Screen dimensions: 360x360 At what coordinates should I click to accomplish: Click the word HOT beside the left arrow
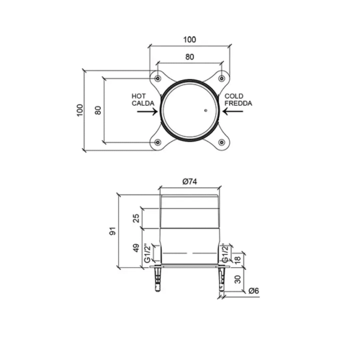click(138, 96)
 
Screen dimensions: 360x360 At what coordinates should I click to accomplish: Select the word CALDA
click(143, 104)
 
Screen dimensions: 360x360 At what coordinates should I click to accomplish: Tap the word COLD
click(234, 96)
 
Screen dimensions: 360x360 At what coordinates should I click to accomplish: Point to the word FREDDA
click(238, 104)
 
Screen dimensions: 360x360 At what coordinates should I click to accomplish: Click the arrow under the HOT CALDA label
click(148, 112)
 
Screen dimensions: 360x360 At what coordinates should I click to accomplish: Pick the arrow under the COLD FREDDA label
click(233, 111)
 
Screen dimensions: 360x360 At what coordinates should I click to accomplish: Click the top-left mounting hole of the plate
click(158, 78)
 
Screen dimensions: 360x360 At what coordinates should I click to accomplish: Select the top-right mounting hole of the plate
click(222, 78)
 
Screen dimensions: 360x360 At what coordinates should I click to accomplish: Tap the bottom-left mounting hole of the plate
click(158, 143)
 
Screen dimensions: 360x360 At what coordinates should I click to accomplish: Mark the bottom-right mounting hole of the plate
click(222, 143)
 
